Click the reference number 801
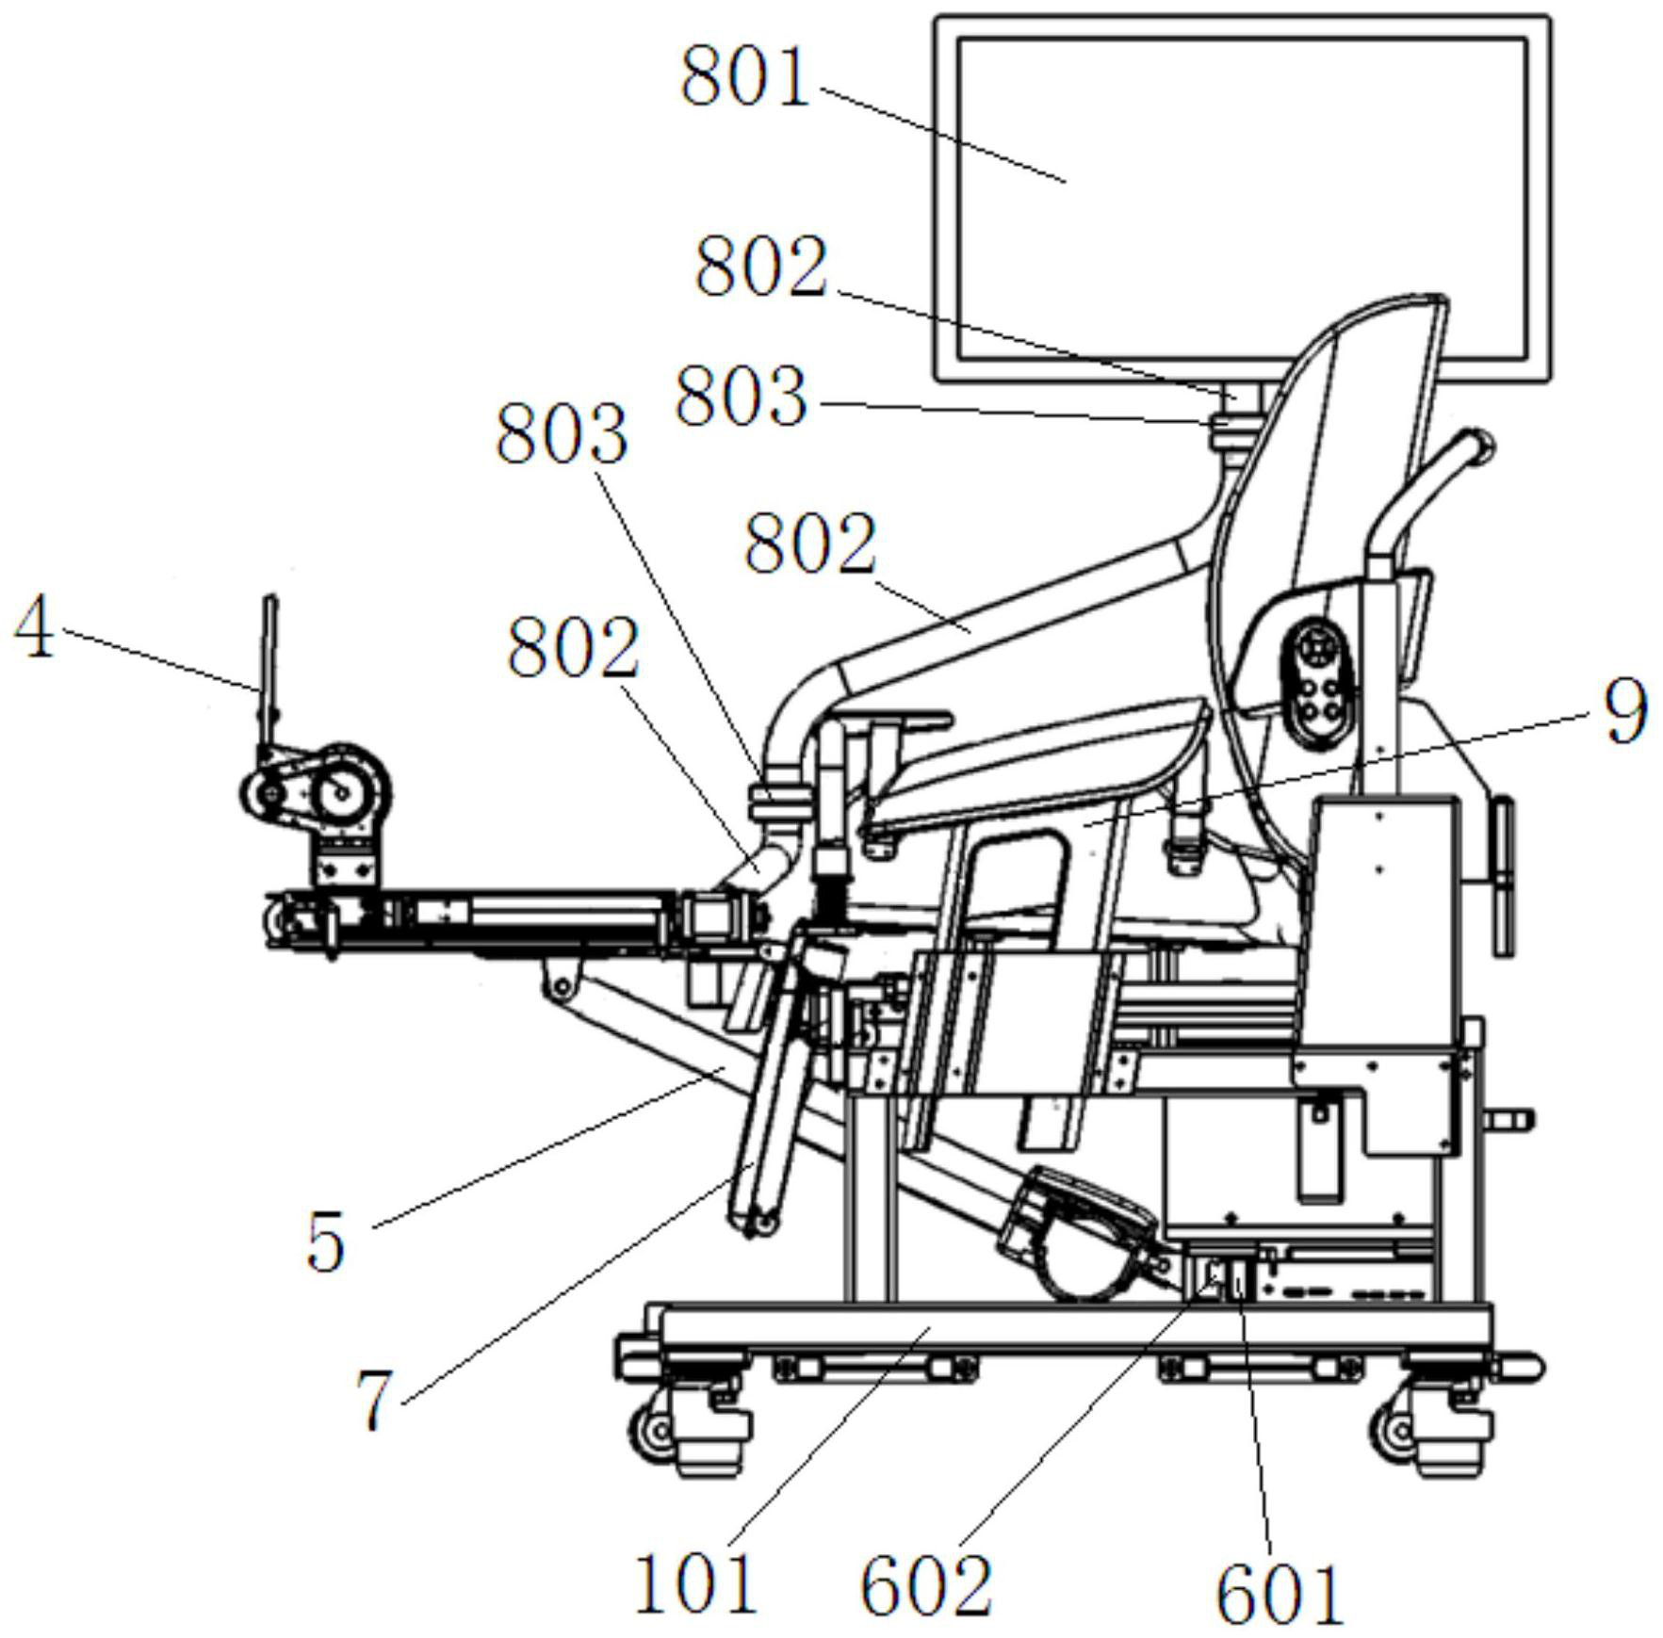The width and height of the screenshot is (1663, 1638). tap(745, 78)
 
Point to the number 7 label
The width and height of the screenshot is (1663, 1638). tap(374, 1400)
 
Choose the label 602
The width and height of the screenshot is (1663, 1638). tap(926, 1586)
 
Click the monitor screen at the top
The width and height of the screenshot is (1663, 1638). tap(1242, 198)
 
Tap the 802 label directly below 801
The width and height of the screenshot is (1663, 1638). tap(761, 267)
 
